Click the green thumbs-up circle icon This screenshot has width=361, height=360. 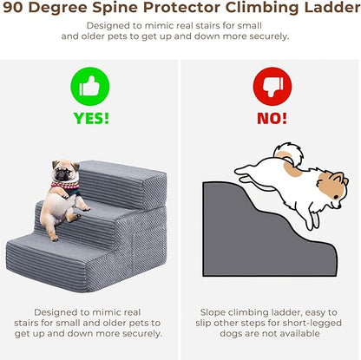(90, 86)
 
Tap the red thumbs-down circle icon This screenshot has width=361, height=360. (272, 86)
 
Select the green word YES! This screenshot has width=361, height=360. (91, 118)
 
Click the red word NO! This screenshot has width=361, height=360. (272, 118)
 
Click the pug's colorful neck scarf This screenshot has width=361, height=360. (66, 187)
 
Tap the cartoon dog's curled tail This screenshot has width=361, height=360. (289, 154)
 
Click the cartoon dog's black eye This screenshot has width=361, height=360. (336, 197)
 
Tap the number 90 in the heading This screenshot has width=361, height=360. (13, 8)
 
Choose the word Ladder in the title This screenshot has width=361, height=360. (332, 8)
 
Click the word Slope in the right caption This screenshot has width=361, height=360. (213, 313)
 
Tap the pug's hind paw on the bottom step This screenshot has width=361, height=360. (54, 238)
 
